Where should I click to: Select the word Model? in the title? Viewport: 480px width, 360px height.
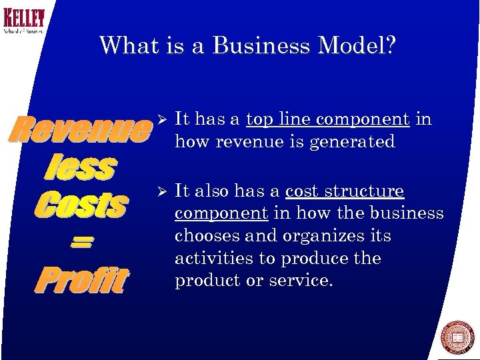pyautogui.click(x=359, y=46)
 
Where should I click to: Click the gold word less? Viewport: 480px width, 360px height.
pyautogui.click(x=81, y=167)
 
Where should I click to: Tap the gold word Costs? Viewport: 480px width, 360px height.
pyautogui.click(x=81, y=204)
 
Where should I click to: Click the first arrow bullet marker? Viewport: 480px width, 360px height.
pyautogui.click(x=159, y=119)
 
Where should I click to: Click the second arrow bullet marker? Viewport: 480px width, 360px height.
pyautogui.click(x=159, y=191)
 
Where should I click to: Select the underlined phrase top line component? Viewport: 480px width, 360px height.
pyautogui.click(x=327, y=119)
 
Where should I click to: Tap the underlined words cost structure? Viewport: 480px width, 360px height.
pyautogui.click(x=345, y=191)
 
